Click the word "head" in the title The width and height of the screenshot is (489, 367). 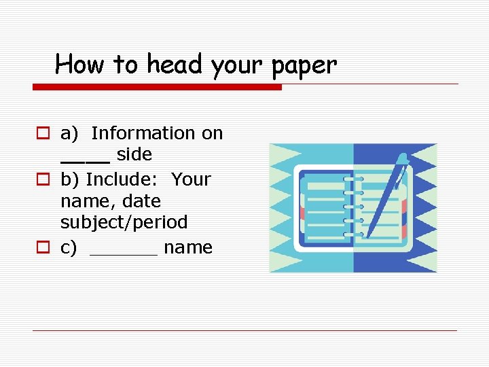point(175,65)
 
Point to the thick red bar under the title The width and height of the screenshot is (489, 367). point(157,87)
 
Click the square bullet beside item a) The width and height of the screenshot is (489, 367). point(42,134)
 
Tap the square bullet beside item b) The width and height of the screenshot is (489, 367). point(42,180)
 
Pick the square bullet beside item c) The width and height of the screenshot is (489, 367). point(42,248)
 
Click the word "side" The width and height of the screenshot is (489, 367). point(134,154)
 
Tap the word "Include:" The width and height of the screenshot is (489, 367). point(124,179)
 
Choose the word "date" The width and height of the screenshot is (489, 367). point(143,201)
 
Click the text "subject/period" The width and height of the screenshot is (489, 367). point(124,222)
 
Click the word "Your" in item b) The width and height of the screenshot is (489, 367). point(191,179)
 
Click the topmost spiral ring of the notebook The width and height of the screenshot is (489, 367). point(353,179)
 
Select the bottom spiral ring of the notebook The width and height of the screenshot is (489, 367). point(353,234)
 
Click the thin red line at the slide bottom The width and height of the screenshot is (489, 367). point(244,331)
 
